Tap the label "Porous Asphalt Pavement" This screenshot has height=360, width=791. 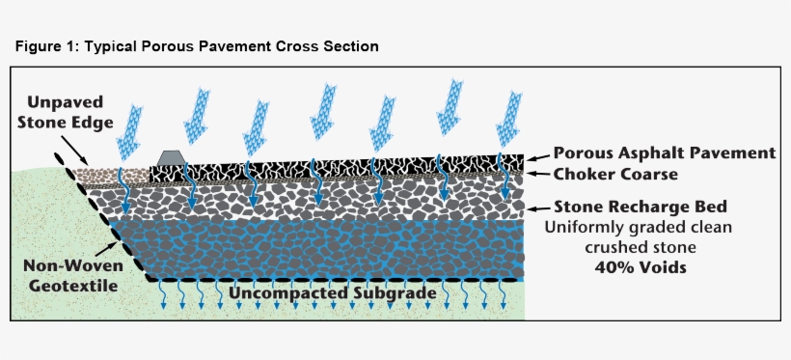[x=665, y=153]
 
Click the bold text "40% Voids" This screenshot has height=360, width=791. [x=641, y=267]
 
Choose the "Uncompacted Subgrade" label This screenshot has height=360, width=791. [x=332, y=291]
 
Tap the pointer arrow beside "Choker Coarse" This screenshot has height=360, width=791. [x=537, y=175]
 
